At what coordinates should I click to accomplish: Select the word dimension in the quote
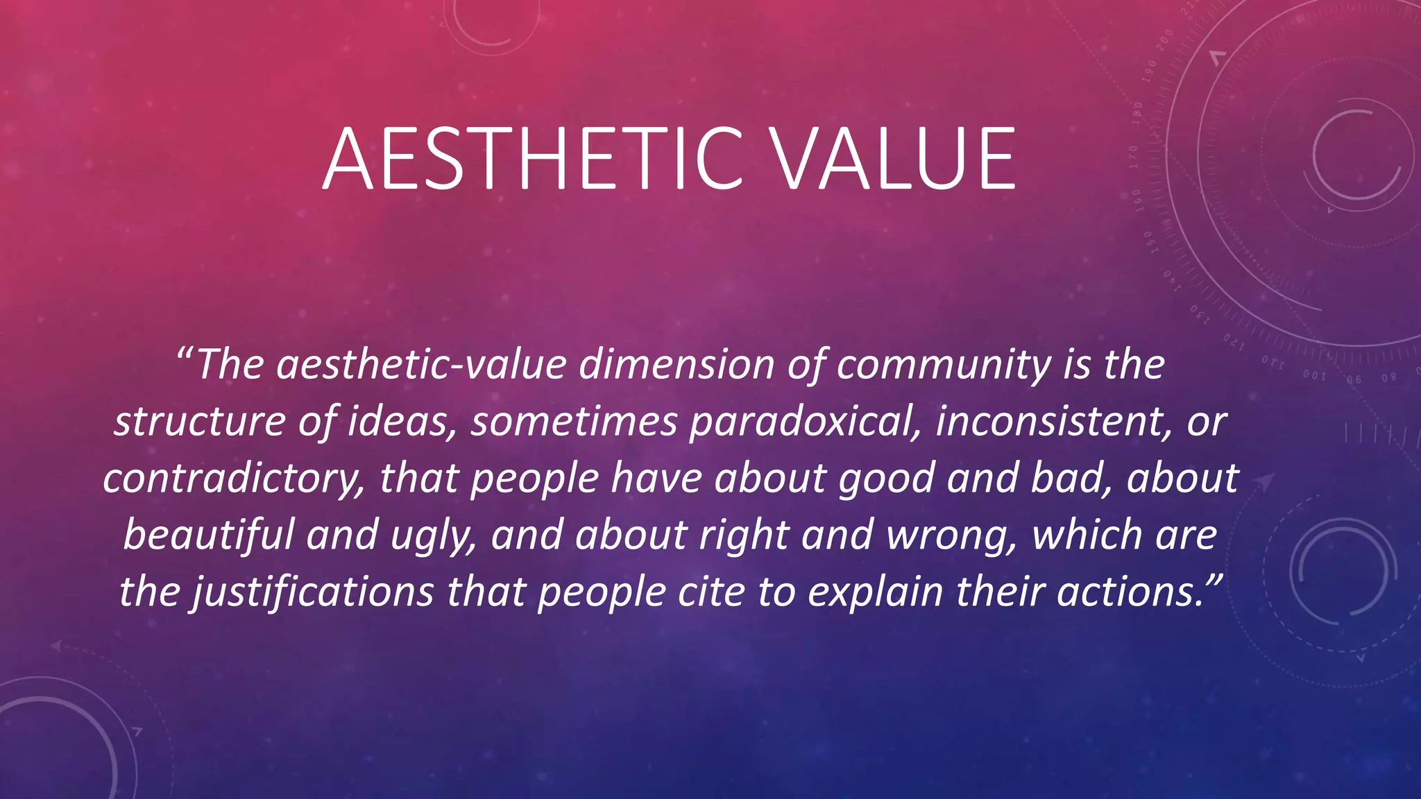pyautogui.click(x=677, y=365)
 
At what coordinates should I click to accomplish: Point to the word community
pyautogui.click(x=943, y=366)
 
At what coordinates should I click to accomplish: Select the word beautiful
pyautogui.click(x=209, y=535)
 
